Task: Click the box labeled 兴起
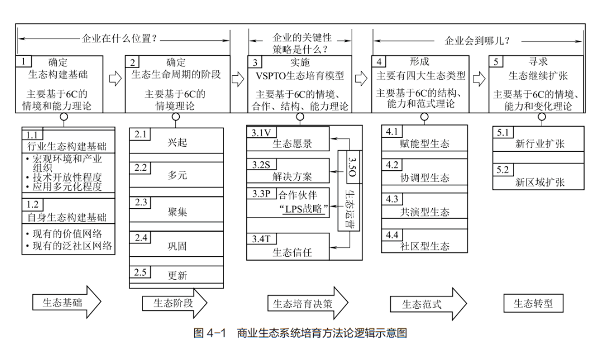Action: point(176,142)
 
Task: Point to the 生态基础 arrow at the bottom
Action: point(66,303)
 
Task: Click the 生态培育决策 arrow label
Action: point(307,303)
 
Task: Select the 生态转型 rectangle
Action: point(533,304)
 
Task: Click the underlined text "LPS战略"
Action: point(303,210)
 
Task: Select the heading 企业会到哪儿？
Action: point(477,41)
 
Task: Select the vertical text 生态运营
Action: point(350,209)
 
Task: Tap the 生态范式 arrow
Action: point(427,304)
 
